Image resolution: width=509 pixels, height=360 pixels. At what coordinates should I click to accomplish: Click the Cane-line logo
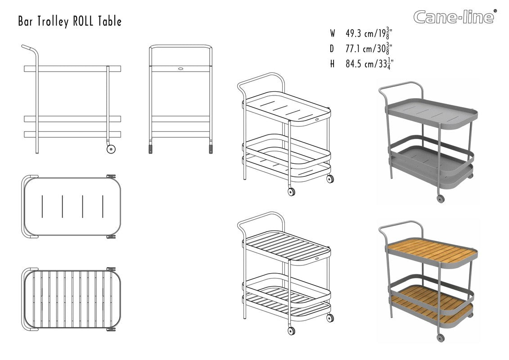(455, 17)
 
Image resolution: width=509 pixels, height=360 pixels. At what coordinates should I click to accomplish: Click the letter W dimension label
(333, 33)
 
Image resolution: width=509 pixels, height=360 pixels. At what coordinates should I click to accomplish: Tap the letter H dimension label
(332, 63)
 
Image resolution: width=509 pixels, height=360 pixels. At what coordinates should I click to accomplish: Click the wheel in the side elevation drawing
(111, 149)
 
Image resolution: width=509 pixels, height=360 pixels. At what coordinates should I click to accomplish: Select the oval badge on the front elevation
(180, 68)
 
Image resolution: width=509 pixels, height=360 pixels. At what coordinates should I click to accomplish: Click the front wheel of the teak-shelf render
(441, 337)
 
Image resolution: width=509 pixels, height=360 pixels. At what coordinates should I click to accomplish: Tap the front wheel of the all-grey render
(441, 198)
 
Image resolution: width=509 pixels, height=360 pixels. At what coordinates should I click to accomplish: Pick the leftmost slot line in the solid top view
(42, 206)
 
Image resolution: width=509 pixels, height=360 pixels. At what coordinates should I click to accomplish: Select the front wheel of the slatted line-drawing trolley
(291, 331)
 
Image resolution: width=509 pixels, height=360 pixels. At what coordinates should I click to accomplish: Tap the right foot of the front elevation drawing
(211, 148)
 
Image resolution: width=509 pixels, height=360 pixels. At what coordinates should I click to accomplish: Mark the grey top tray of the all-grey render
(432, 112)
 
